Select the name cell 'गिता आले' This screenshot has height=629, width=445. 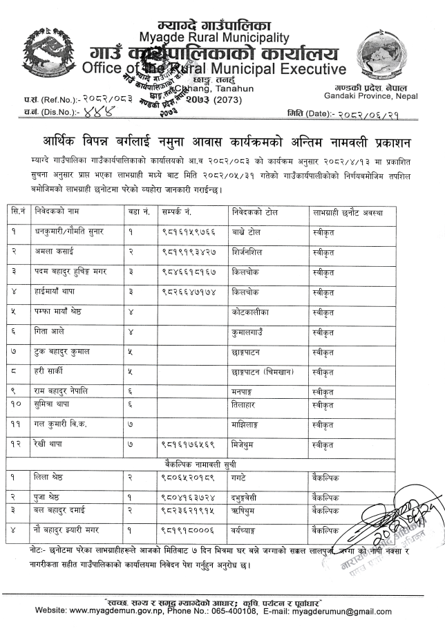tap(49, 332)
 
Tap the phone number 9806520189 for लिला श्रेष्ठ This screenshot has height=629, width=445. tap(184, 476)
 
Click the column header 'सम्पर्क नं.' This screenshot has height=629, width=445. tap(178, 212)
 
